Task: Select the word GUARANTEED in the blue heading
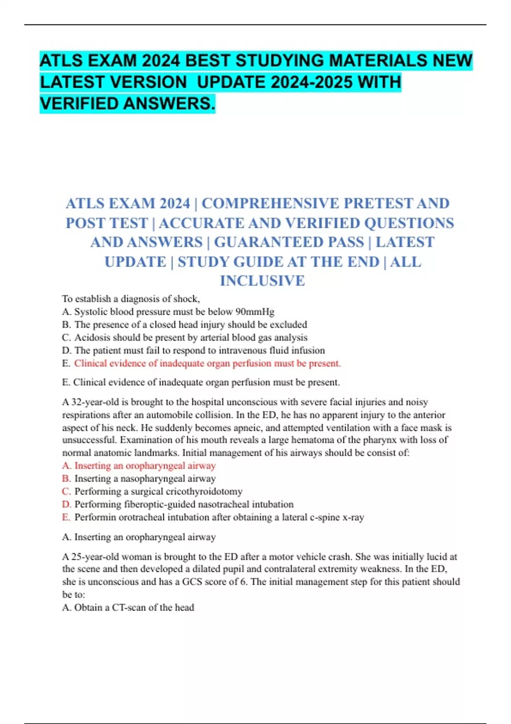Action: (x=289, y=242)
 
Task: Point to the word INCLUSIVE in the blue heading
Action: (x=262, y=281)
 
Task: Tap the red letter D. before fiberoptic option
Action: (x=66, y=505)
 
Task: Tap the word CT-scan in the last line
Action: (x=129, y=608)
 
